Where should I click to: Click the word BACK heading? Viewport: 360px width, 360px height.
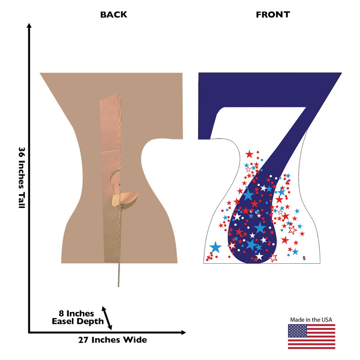(x=114, y=14)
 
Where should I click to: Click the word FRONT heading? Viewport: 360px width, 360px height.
(x=273, y=14)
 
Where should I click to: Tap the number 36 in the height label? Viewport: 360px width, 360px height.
(x=22, y=153)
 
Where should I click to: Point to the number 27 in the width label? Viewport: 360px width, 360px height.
(x=83, y=340)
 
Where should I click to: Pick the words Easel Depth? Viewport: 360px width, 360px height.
(x=78, y=321)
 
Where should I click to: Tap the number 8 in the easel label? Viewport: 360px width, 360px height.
(x=61, y=313)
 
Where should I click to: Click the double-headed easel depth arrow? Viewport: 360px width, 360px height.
(x=107, y=318)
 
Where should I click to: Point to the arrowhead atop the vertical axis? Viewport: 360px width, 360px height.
(x=29, y=25)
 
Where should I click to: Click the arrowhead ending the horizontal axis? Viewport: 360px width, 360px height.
(x=183, y=332)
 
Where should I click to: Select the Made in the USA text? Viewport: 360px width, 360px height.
(x=311, y=319)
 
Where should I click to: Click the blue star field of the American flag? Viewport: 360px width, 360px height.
(x=297, y=331)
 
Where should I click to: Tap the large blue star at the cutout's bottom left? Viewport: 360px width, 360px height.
(x=216, y=247)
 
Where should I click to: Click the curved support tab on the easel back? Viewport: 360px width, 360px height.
(x=125, y=199)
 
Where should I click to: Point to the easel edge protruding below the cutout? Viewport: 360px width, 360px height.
(x=119, y=275)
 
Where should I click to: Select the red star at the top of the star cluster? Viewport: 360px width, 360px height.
(x=249, y=154)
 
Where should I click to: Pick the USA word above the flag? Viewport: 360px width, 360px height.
(x=327, y=319)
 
